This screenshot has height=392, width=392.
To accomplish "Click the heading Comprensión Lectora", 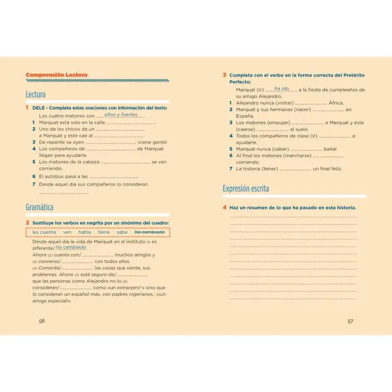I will pos(56,75).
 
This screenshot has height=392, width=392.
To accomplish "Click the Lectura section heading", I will pos(35,95).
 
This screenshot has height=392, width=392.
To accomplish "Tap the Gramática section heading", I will pos(40,207).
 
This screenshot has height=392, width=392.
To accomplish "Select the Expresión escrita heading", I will pos(245,189).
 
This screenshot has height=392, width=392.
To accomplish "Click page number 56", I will pos(42,321).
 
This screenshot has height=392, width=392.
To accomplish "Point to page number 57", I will pos(350,321).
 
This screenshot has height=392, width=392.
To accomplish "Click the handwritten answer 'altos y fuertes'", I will pos(121,114).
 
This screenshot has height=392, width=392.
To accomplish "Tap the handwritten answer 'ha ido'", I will pos(281,89).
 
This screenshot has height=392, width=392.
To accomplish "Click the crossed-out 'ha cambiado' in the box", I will pos(149,232).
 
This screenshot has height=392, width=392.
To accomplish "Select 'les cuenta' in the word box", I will pos(44,232).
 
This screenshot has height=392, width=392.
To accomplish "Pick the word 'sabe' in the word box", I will pos(122,232).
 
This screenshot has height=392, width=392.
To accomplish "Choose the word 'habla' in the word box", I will pos(84,232).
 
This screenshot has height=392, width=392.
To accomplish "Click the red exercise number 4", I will pos(224,208).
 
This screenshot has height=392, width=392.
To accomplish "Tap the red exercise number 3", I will pos(224,75).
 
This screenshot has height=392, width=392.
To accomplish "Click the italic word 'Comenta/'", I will pos(47,268).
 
